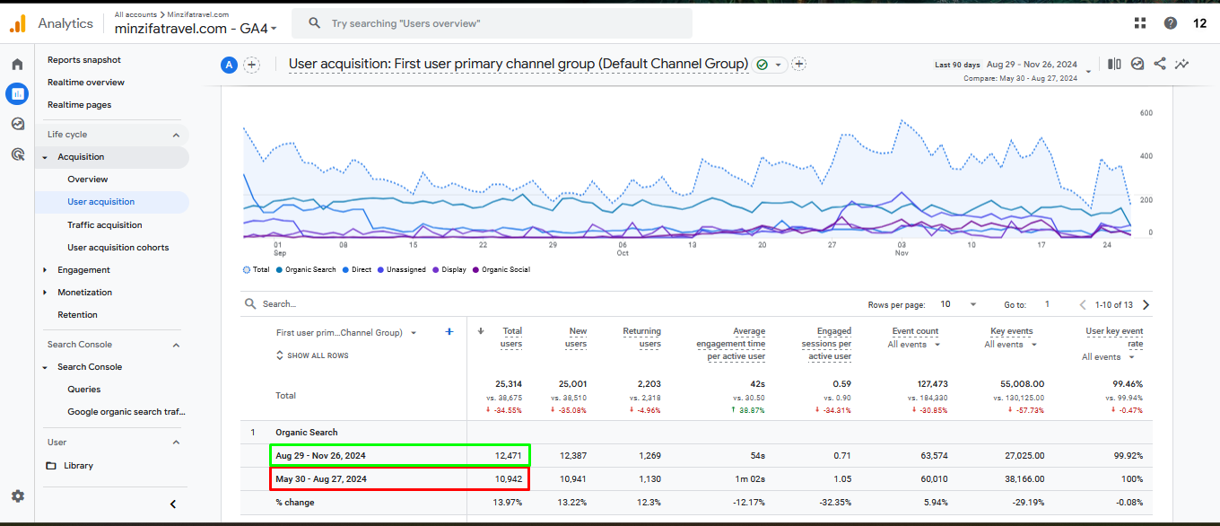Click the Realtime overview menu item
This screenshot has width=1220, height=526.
point(86,83)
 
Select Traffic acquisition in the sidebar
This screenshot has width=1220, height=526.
point(105,225)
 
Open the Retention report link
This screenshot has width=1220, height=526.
point(77,315)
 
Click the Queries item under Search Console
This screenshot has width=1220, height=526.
point(84,390)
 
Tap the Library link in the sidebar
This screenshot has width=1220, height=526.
point(78,466)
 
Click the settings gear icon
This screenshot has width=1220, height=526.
point(18,495)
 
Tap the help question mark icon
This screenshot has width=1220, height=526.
point(1171,23)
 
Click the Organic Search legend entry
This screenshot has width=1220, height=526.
point(310,269)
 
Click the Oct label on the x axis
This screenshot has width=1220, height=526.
point(623,253)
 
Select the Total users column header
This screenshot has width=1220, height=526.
point(512,338)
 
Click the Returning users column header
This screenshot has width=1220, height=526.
point(641,338)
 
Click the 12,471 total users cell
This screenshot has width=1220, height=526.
point(508,456)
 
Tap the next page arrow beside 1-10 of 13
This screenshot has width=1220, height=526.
point(1146,305)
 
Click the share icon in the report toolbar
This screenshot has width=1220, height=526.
point(1160,64)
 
